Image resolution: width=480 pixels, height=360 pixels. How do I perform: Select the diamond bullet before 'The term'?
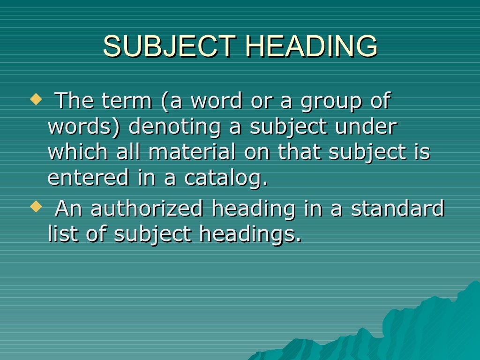coord(35,99)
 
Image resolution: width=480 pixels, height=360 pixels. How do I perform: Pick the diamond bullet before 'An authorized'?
coord(35,206)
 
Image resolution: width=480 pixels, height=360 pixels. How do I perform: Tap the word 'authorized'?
coord(147,209)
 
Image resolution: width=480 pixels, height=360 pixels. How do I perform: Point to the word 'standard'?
coord(398,208)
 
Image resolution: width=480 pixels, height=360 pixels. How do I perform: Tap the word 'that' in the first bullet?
coord(298,152)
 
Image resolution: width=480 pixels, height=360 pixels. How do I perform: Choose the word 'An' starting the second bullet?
coord(69,209)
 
